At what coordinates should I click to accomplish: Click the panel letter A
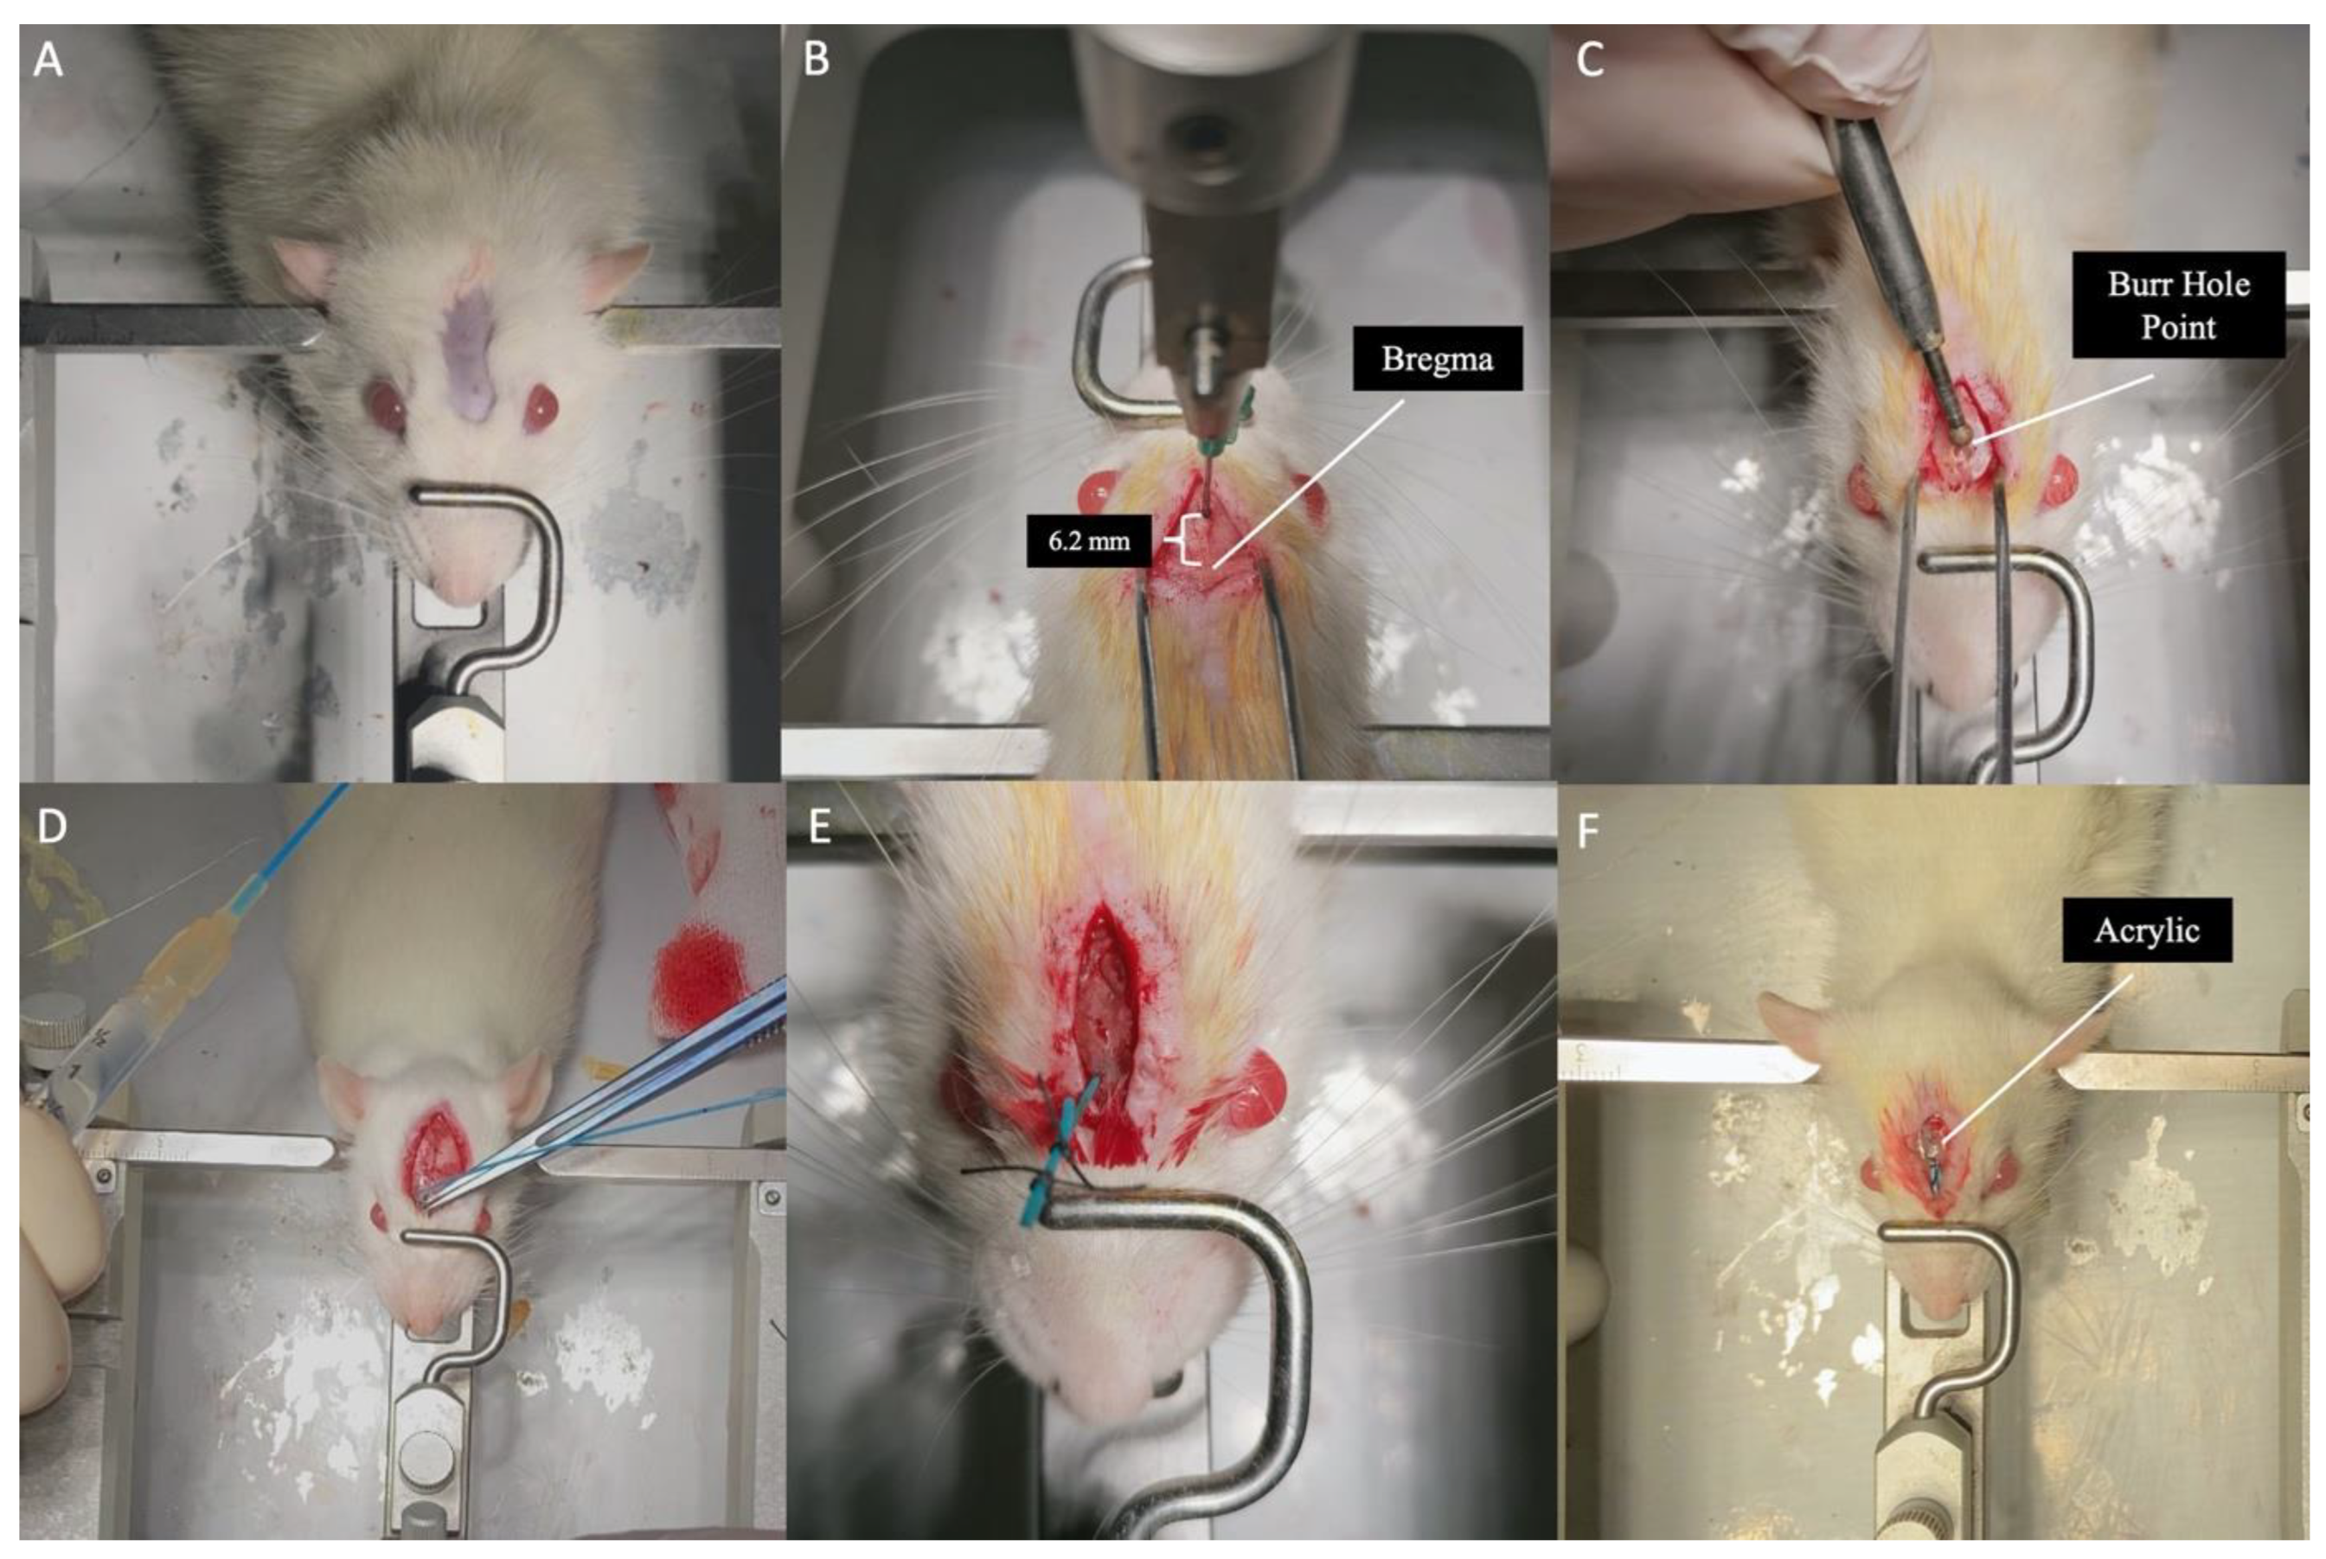click(48, 60)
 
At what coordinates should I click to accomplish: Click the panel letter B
click(817, 60)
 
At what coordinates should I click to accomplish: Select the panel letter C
click(1589, 60)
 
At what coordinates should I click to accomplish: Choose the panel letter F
click(1588, 831)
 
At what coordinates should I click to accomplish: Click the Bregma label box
click(1437, 358)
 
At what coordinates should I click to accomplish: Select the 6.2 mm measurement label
click(1089, 541)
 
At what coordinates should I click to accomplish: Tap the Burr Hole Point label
click(2178, 304)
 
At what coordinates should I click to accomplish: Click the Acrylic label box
click(2147, 930)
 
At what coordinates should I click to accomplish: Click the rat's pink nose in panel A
click(458, 582)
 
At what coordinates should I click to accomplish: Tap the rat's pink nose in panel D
click(426, 1319)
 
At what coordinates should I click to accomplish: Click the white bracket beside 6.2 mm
click(1189, 541)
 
